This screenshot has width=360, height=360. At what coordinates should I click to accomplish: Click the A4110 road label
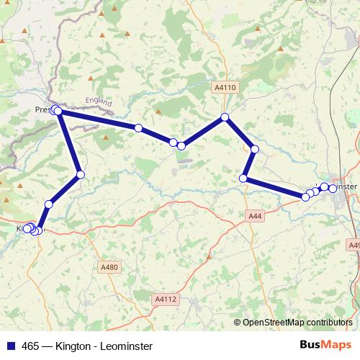[225, 87]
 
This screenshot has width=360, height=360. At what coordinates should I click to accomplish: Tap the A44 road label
[254, 215]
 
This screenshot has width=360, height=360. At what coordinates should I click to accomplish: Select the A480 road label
[109, 267]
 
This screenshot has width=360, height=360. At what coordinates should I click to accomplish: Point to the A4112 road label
[165, 298]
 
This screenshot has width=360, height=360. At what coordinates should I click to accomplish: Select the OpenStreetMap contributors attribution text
[293, 323]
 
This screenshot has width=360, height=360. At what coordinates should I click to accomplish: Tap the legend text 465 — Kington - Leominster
[86, 346]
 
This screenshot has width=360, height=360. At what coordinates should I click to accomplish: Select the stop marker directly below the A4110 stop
[254, 149]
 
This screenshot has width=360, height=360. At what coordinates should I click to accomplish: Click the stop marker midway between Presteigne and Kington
[80, 174]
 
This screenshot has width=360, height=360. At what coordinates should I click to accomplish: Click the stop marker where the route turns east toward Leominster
[244, 178]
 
